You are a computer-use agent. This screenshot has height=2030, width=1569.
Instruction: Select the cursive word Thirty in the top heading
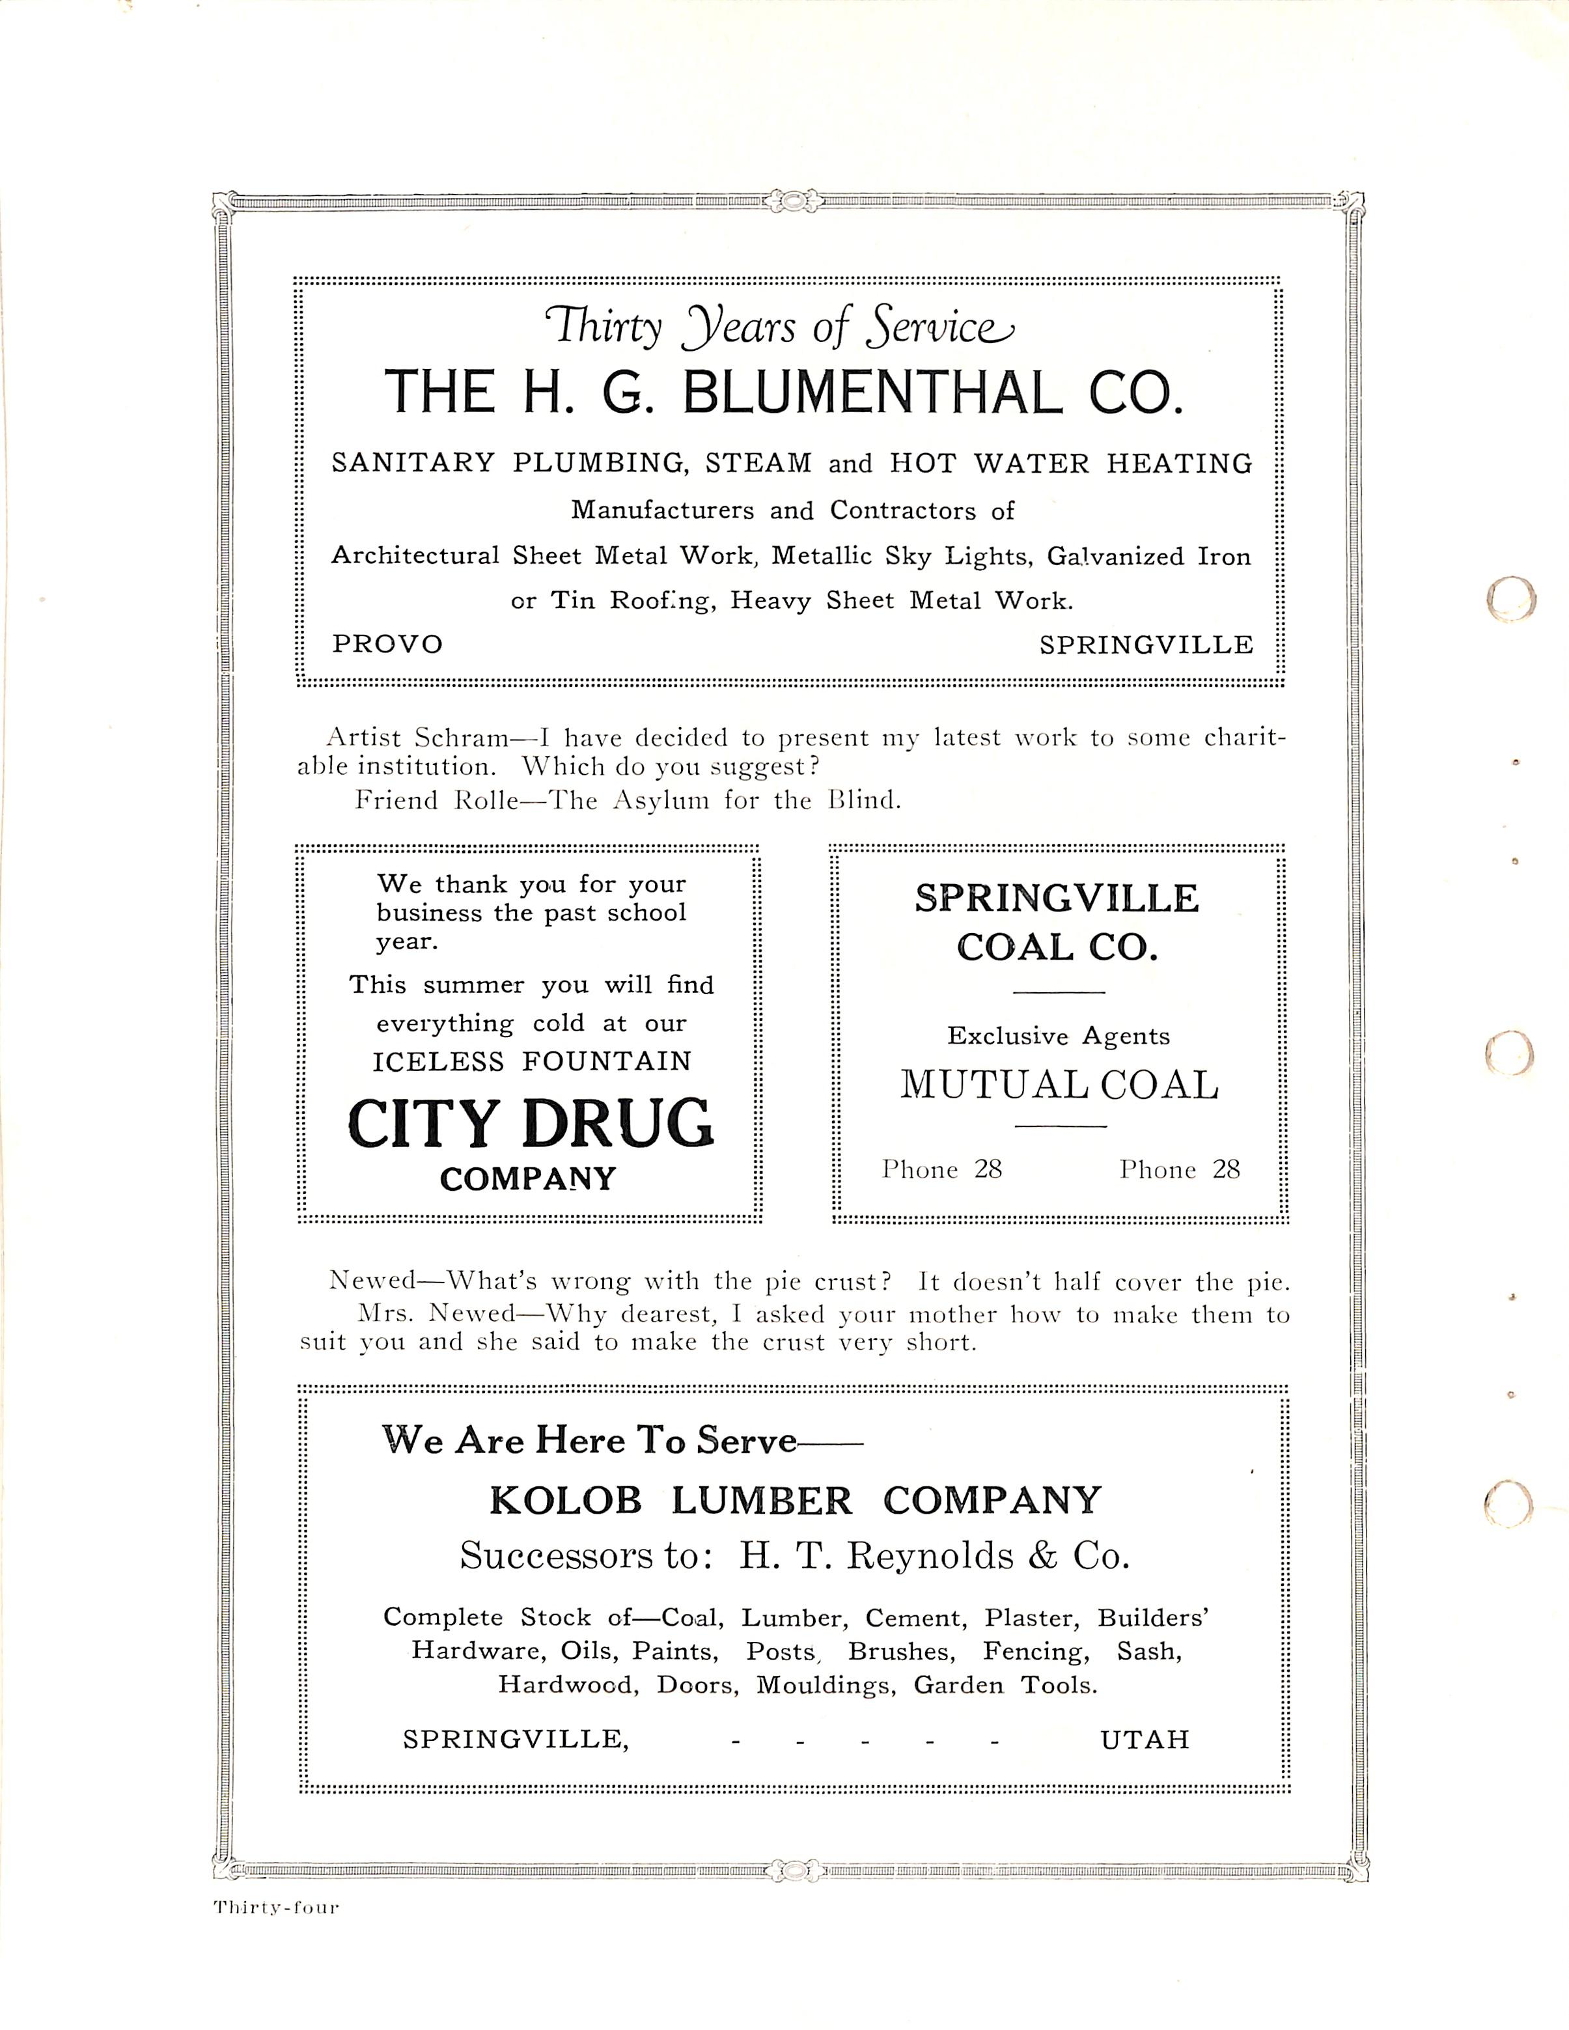click(604, 328)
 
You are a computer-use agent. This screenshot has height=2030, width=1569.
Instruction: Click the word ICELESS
click(437, 1061)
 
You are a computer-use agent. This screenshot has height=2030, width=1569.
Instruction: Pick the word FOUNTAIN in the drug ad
click(607, 1061)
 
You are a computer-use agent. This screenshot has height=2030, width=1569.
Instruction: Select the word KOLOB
click(565, 1500)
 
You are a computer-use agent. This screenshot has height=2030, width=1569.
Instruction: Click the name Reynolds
click(928, 1556)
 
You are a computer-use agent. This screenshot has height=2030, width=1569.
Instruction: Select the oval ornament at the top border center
click(792, 200)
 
